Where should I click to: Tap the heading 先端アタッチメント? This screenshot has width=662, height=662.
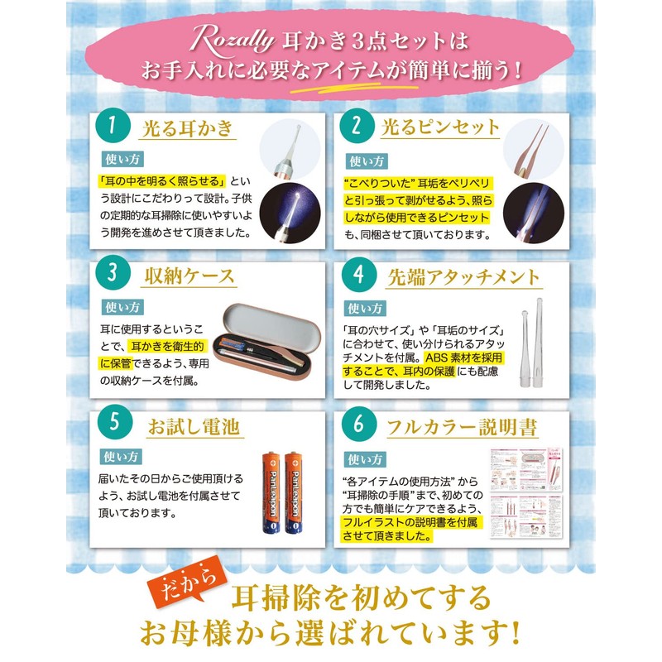[463, 276]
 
